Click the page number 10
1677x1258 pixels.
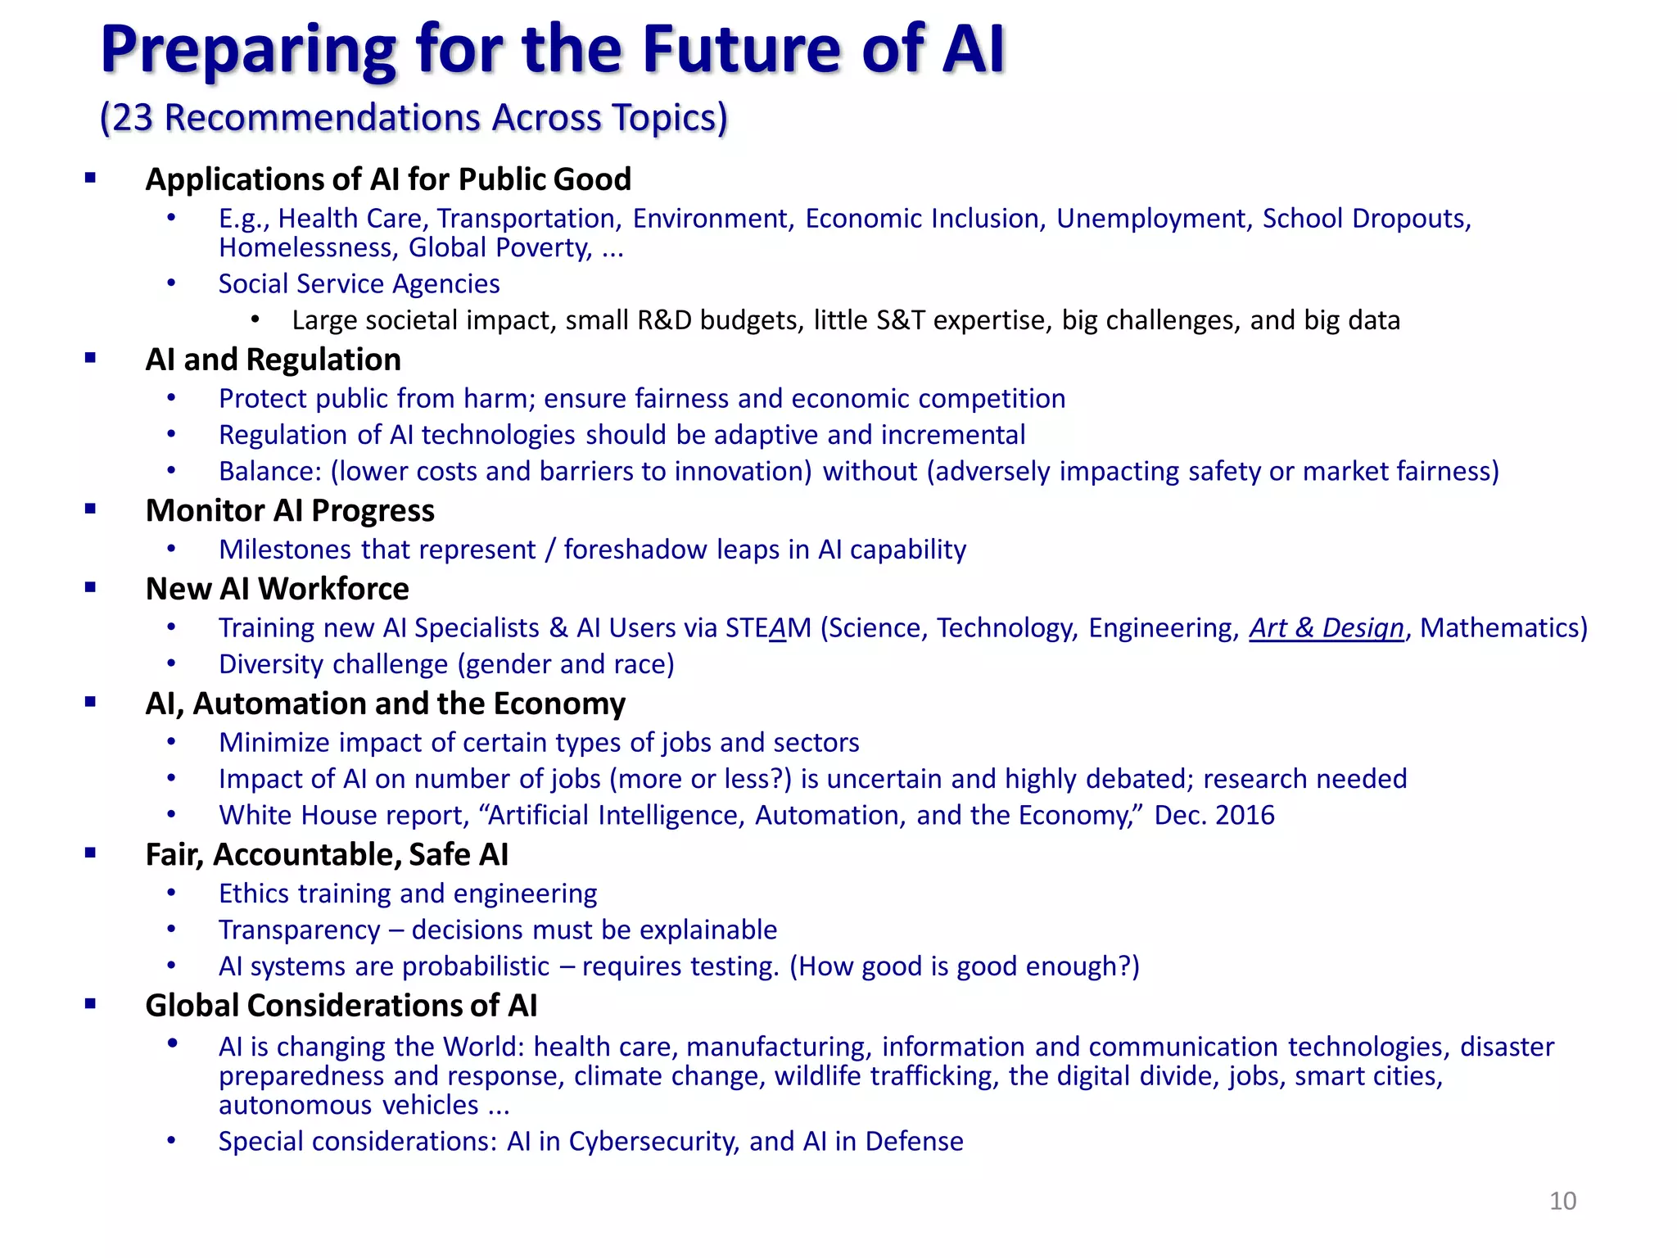click(x=1562, y=1201)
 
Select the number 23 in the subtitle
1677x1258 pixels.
click(x=133, y=118)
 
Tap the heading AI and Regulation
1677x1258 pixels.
click(x=273, y=360)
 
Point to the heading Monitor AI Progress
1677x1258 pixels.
click(x=290, y=510)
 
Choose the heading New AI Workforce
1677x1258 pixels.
click(x=277, y=589)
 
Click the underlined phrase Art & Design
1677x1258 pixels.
click(x=1327, y=628)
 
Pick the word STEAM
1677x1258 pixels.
click(x=767, y=628)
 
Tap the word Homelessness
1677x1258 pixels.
click(x=308, y=247)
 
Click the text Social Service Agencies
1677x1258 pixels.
click(x=359, y=284)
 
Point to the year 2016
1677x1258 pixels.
click(x=1245, y=815)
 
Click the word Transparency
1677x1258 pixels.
click(x=299, y=930)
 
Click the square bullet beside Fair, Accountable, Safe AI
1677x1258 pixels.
click(x=90, y=853)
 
